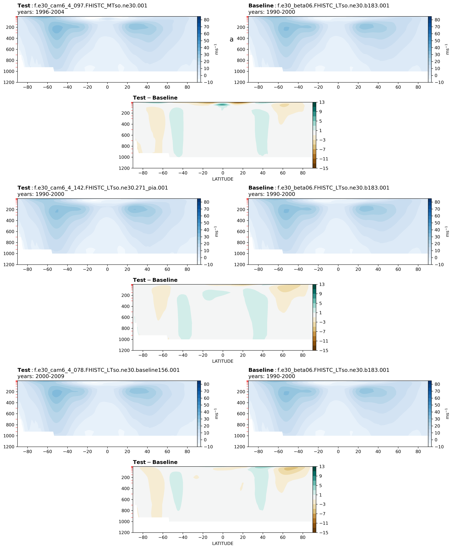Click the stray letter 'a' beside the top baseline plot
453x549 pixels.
(231, 39)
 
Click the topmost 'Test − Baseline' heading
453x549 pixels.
(155, 98)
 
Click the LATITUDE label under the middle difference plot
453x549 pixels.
(223, 361)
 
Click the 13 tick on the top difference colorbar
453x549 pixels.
(322, 102)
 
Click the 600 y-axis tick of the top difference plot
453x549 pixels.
(125, 135)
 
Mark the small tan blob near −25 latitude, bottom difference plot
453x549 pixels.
(196, 477)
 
